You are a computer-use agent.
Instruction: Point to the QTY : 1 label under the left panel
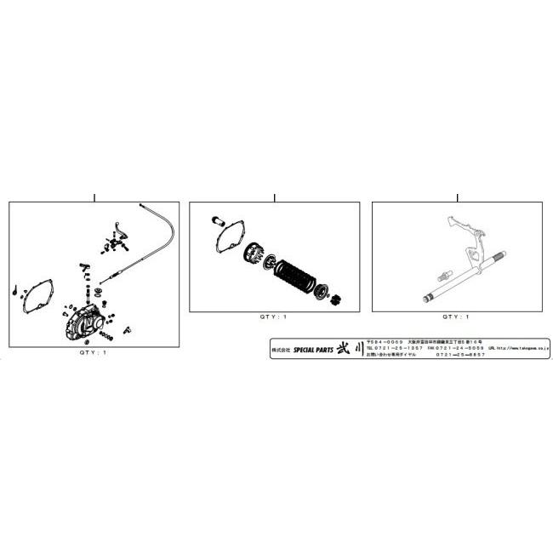tap(94, 351)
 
